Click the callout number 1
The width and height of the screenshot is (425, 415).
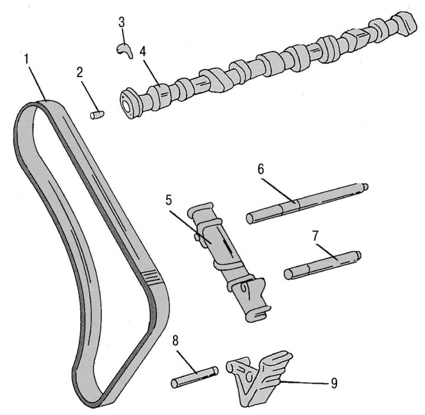point(27,59)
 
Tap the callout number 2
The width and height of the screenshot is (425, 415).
point(80,73)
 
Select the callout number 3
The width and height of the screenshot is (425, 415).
point(122,22)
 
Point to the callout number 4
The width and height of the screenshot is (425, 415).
point(143,51)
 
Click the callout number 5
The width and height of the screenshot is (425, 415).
point(169,200)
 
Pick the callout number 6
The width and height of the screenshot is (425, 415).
point(260,169)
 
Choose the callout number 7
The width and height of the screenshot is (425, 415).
point(315,236)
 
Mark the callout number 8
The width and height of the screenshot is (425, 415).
point(175,341)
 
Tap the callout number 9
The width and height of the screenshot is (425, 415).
point(334,383)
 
